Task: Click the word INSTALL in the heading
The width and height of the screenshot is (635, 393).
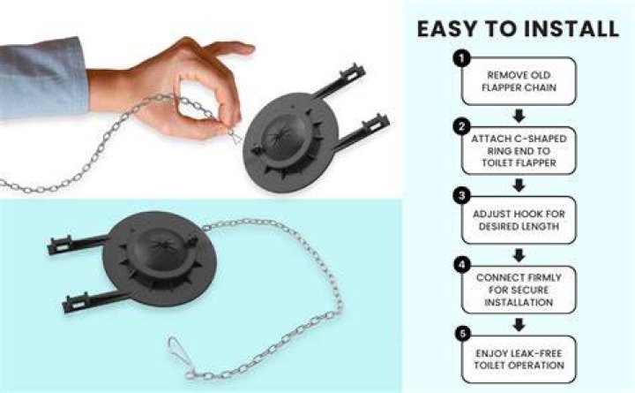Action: coord(571,29)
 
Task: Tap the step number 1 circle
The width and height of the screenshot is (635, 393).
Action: coord(461,58)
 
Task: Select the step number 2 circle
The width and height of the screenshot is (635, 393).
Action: coord(461,127)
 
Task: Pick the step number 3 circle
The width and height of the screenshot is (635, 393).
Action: coord(461,196)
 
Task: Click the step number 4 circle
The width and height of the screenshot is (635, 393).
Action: coord(461,265)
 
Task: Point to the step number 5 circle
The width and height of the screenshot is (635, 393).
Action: coord(462,334)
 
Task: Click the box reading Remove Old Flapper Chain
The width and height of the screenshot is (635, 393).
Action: coord(519,81)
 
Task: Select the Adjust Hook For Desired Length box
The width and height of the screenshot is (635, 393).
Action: coord(519,220)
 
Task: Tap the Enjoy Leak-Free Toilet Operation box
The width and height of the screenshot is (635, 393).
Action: coord(519,359)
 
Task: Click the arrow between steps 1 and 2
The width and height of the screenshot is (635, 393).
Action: coord(519,116)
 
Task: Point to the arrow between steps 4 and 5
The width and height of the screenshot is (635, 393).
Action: coord(519,324)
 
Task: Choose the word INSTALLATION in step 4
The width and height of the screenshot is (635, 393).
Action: coord(519,303)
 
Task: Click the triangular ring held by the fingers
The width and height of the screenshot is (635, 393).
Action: coord(235,137)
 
